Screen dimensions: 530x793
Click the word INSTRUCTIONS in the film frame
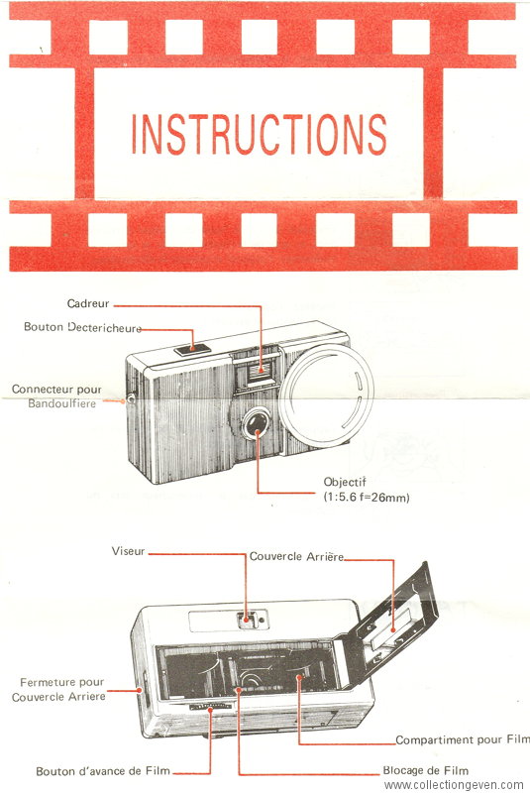pos(260,134)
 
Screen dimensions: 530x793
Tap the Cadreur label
pos(88,303)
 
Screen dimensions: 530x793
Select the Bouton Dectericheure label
pos(83,327)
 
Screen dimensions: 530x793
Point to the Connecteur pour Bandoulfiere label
pos(56,396)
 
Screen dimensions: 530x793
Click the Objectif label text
pos(345,482)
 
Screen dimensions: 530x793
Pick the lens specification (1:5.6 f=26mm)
pos(367,498)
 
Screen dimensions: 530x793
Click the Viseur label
pos(129,551)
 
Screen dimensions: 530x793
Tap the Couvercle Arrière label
pos(296,556)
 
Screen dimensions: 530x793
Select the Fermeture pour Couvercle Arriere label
pos(58,689)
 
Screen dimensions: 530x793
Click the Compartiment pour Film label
pos(463,739)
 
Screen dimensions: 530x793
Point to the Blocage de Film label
pos(425,771)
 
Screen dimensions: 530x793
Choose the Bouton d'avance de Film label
pos(103,771)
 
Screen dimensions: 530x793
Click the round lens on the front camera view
pos(258,424)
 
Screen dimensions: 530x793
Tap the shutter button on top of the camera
pos(193,349)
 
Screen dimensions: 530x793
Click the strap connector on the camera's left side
pos(131,399)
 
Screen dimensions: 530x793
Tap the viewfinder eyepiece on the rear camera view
pos(247,619)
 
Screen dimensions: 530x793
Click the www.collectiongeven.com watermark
pos(453,785)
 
